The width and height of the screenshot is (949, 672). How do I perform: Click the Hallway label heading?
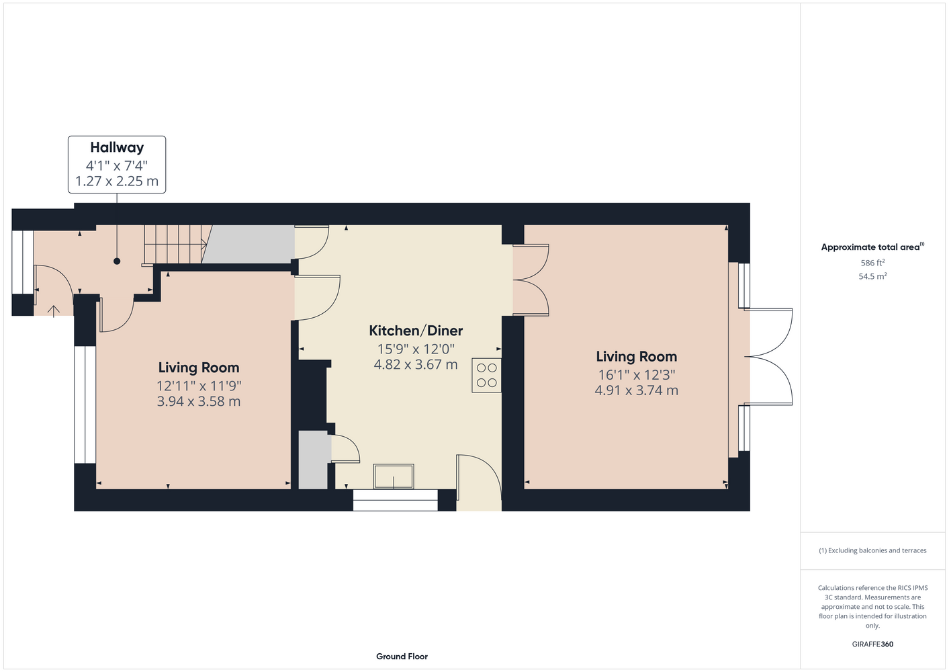click(117, 148)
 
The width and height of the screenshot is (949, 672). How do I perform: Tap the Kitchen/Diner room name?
click(416, 330)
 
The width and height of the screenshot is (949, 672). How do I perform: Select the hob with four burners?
click(486, 375)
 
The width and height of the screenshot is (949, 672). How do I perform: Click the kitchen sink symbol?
click(394, 476)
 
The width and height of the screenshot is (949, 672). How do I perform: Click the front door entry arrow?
click(53, 311)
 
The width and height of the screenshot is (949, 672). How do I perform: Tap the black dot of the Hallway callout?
click(117, 261)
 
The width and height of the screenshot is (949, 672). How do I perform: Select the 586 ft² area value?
click(872, 263)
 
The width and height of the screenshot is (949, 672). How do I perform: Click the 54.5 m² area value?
click(872, 276)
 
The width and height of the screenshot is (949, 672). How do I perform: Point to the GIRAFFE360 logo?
click(872, 644)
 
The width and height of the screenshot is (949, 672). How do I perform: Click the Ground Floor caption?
click(402, 657)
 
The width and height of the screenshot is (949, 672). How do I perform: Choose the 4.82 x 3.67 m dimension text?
click(416, 364)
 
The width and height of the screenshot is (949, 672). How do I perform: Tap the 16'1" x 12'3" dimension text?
click(636, 375)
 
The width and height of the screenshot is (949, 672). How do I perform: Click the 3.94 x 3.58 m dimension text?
click(199, 401)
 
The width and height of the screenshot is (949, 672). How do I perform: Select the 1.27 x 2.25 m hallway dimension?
click(117, 181)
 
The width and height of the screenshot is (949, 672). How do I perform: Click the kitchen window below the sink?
click(396, 500)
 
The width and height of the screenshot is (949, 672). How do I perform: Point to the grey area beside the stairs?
click(250, 244)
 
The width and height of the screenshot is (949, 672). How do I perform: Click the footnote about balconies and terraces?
click(872, 550)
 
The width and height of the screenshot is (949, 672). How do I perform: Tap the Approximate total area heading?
click(872, 247)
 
